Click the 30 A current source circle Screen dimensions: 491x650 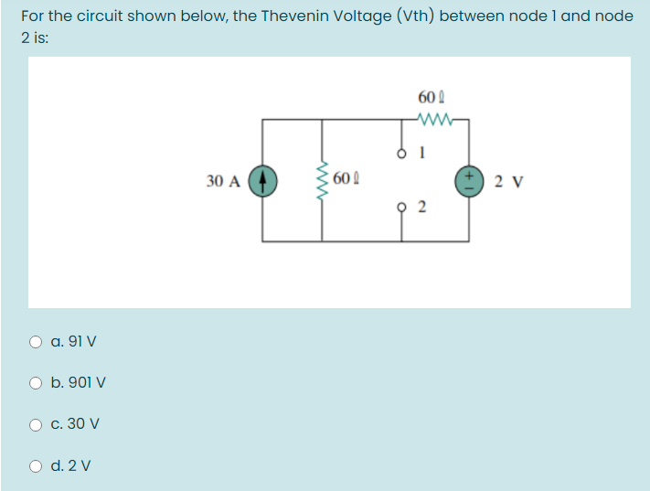pyautogui.click(x=263, y=180)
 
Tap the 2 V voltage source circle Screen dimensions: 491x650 pyautogui.click(x=472, y=180)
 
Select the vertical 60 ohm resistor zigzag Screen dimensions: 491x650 pyautogui.click(x=322, y=179)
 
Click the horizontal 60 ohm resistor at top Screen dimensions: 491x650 pyautogui.click(x=431, y=118)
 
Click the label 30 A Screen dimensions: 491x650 pyautogui.click(x=223, y=181)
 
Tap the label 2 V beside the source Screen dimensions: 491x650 pyautogui.click(x=507, y=180)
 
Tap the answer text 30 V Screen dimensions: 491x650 pyautogui.click(x=82, y=424)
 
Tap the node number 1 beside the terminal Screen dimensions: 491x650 pyautogui.click(x=421, y=153)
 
